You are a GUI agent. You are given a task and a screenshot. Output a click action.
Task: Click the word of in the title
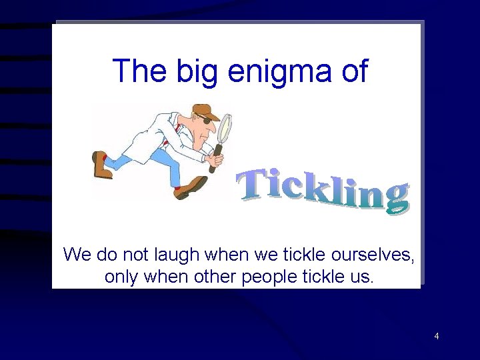pyautogui.click(x=353, y=70)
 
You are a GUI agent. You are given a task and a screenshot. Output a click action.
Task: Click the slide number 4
pyautogui.click(x=437, y=336)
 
